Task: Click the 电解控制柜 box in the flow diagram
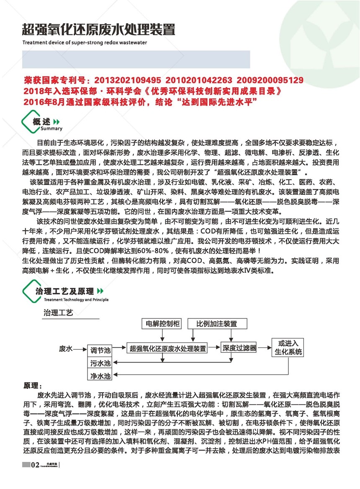[162, 324]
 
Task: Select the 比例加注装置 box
[217, 324]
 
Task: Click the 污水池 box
[100, 362]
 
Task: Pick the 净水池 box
[100, 375]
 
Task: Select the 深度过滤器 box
[239, 348]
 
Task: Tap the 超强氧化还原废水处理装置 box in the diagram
[167, 348]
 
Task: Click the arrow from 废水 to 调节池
[81, 349]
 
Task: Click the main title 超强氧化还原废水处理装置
[98, 30]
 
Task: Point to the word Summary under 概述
[52, 129]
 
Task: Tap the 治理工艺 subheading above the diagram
[58, 313]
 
